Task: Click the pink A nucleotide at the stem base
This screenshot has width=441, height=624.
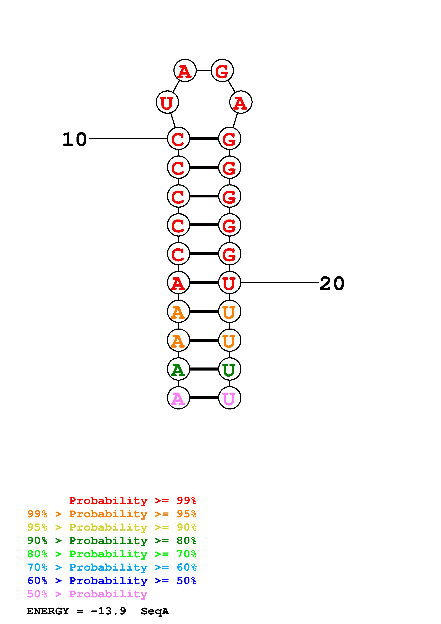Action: [x=178, y=398]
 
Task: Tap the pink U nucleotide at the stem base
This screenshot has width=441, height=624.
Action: [x=230, y=398]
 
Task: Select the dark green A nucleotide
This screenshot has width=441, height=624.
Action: [x=178, y=369]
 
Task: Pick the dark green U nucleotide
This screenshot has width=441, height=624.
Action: [x=230, y=369]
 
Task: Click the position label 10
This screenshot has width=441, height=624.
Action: [x=75, y=139]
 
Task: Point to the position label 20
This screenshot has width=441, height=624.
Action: [x=332, y=284]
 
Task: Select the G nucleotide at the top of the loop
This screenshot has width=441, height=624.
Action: [x=222, y=71]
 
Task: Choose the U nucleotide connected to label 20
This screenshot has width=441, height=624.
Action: [x=230, y=283]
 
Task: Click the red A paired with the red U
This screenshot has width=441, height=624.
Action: [x=178, y=283]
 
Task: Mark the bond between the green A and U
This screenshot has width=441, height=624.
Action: [x=204, y=369]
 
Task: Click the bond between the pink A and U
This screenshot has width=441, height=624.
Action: [x=204, y=398]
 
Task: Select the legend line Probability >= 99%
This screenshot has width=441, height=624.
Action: [x=133, y=501]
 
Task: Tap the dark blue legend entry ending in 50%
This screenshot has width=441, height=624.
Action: [x=112, y=581]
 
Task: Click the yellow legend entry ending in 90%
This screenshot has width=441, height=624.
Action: [x=112, y=527]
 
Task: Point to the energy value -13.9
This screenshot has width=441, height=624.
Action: [x=109, y=611]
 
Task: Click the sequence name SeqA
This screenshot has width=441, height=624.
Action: [x=155, y=611]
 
